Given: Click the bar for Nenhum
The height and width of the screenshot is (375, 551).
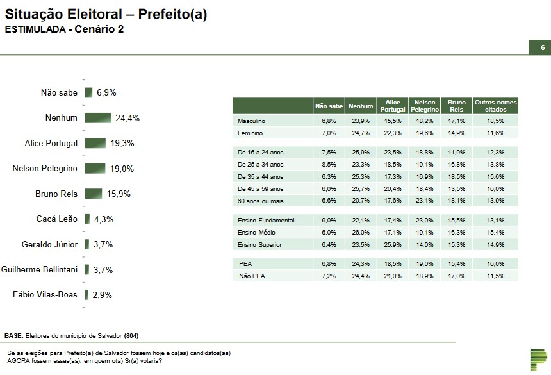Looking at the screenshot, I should point(98,118).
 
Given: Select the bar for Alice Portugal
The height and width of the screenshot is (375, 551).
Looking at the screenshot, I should point(95,143).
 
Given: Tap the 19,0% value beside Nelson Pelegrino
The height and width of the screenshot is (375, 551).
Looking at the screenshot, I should point(122,169).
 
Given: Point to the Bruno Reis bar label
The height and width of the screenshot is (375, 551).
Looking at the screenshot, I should point(56,194).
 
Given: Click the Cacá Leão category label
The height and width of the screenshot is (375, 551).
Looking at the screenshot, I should point(57,219).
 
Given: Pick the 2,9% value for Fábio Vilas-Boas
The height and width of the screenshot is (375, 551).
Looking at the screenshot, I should point(103,295).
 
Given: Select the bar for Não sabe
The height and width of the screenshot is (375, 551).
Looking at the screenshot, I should point(88,92).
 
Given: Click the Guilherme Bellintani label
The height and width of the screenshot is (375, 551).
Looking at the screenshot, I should point(40,270).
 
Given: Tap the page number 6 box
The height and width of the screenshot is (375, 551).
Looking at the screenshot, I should point(542,48).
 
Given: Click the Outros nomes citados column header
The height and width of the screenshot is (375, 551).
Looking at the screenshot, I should point(495,106).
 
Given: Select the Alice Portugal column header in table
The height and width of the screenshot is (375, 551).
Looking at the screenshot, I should point(393,106).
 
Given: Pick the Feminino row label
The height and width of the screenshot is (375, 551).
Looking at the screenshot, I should point(251,133).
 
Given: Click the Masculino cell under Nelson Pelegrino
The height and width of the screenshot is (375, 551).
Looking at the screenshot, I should point(424,121).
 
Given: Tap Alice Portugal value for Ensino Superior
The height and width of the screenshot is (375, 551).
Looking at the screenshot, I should point(393,244).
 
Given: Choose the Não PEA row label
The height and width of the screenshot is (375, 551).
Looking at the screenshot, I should point(251,276).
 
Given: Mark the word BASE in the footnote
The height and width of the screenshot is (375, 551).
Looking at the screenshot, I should point(13,336).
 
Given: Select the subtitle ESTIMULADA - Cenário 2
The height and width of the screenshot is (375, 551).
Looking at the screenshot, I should point(64,29).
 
